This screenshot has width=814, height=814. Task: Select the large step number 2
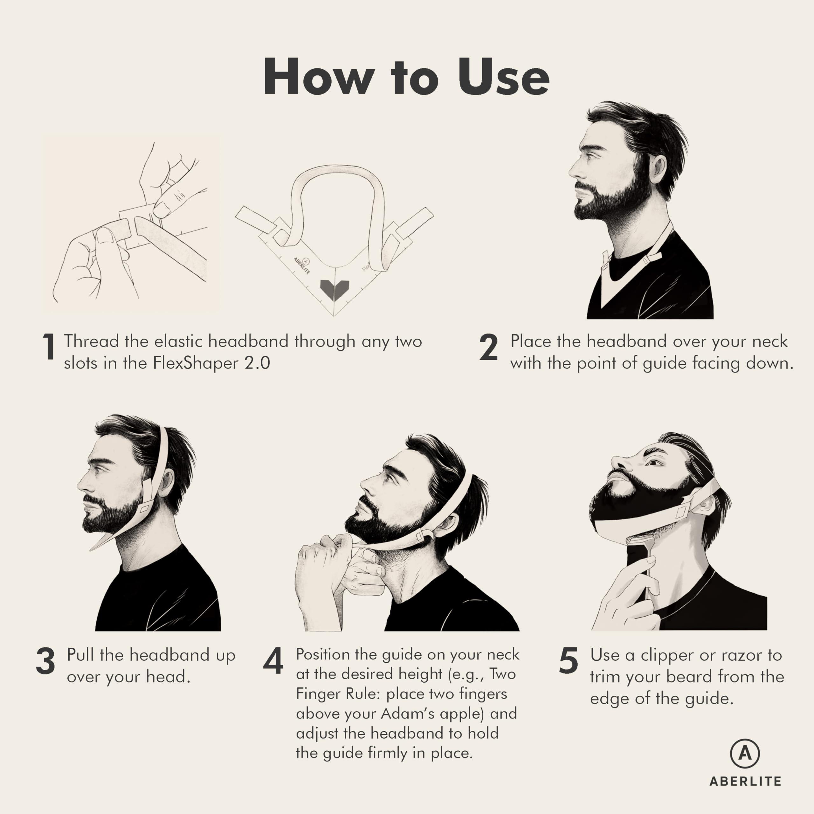tap(489, 347)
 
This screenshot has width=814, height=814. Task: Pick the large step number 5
tap(568, 660)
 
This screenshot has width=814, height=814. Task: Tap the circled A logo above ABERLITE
tap(744, 753)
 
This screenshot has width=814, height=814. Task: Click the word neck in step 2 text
tap(769, 341)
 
